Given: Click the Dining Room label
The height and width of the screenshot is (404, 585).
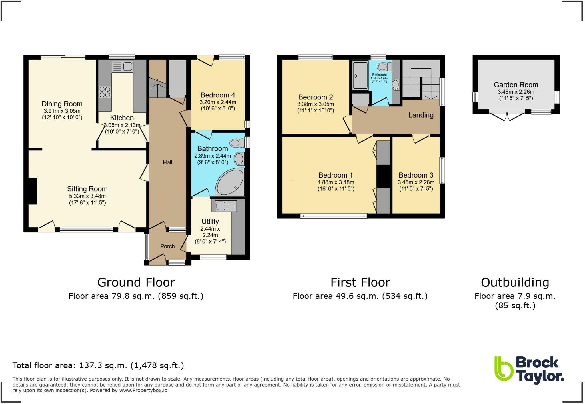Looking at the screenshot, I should coord(62,104).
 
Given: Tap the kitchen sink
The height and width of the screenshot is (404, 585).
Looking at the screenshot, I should coord(123,67).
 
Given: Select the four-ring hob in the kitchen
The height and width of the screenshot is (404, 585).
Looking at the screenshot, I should coord(105,92).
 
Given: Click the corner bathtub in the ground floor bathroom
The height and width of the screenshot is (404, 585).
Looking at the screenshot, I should coord(230,182).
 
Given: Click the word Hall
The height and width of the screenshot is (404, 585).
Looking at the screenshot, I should coord(167,162).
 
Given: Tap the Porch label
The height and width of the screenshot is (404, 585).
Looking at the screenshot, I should coord(167,246).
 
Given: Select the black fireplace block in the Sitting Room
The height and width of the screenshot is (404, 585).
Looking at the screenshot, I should coord(32,191).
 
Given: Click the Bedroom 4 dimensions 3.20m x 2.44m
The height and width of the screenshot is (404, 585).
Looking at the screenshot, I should coord(218,102).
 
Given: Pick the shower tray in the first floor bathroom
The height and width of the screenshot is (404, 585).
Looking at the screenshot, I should coord(360,76).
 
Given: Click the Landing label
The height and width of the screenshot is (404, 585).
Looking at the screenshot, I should coord(421,115).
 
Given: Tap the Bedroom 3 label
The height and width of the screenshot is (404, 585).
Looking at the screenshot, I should coord(416,175).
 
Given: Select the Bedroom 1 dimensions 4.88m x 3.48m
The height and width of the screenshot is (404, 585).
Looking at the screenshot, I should coord(336,182).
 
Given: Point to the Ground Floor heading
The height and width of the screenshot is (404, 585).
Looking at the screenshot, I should coord(136,282).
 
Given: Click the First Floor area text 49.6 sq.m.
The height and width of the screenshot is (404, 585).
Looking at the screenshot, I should coord(360,296).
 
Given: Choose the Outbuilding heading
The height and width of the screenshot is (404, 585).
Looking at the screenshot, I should coord(515,282).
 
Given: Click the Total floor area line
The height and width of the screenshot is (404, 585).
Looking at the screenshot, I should coord(98,365).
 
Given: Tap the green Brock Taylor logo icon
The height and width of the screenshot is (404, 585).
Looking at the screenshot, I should coord(504,369).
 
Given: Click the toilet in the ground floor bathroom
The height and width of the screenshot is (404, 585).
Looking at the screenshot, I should coord(236,143).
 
